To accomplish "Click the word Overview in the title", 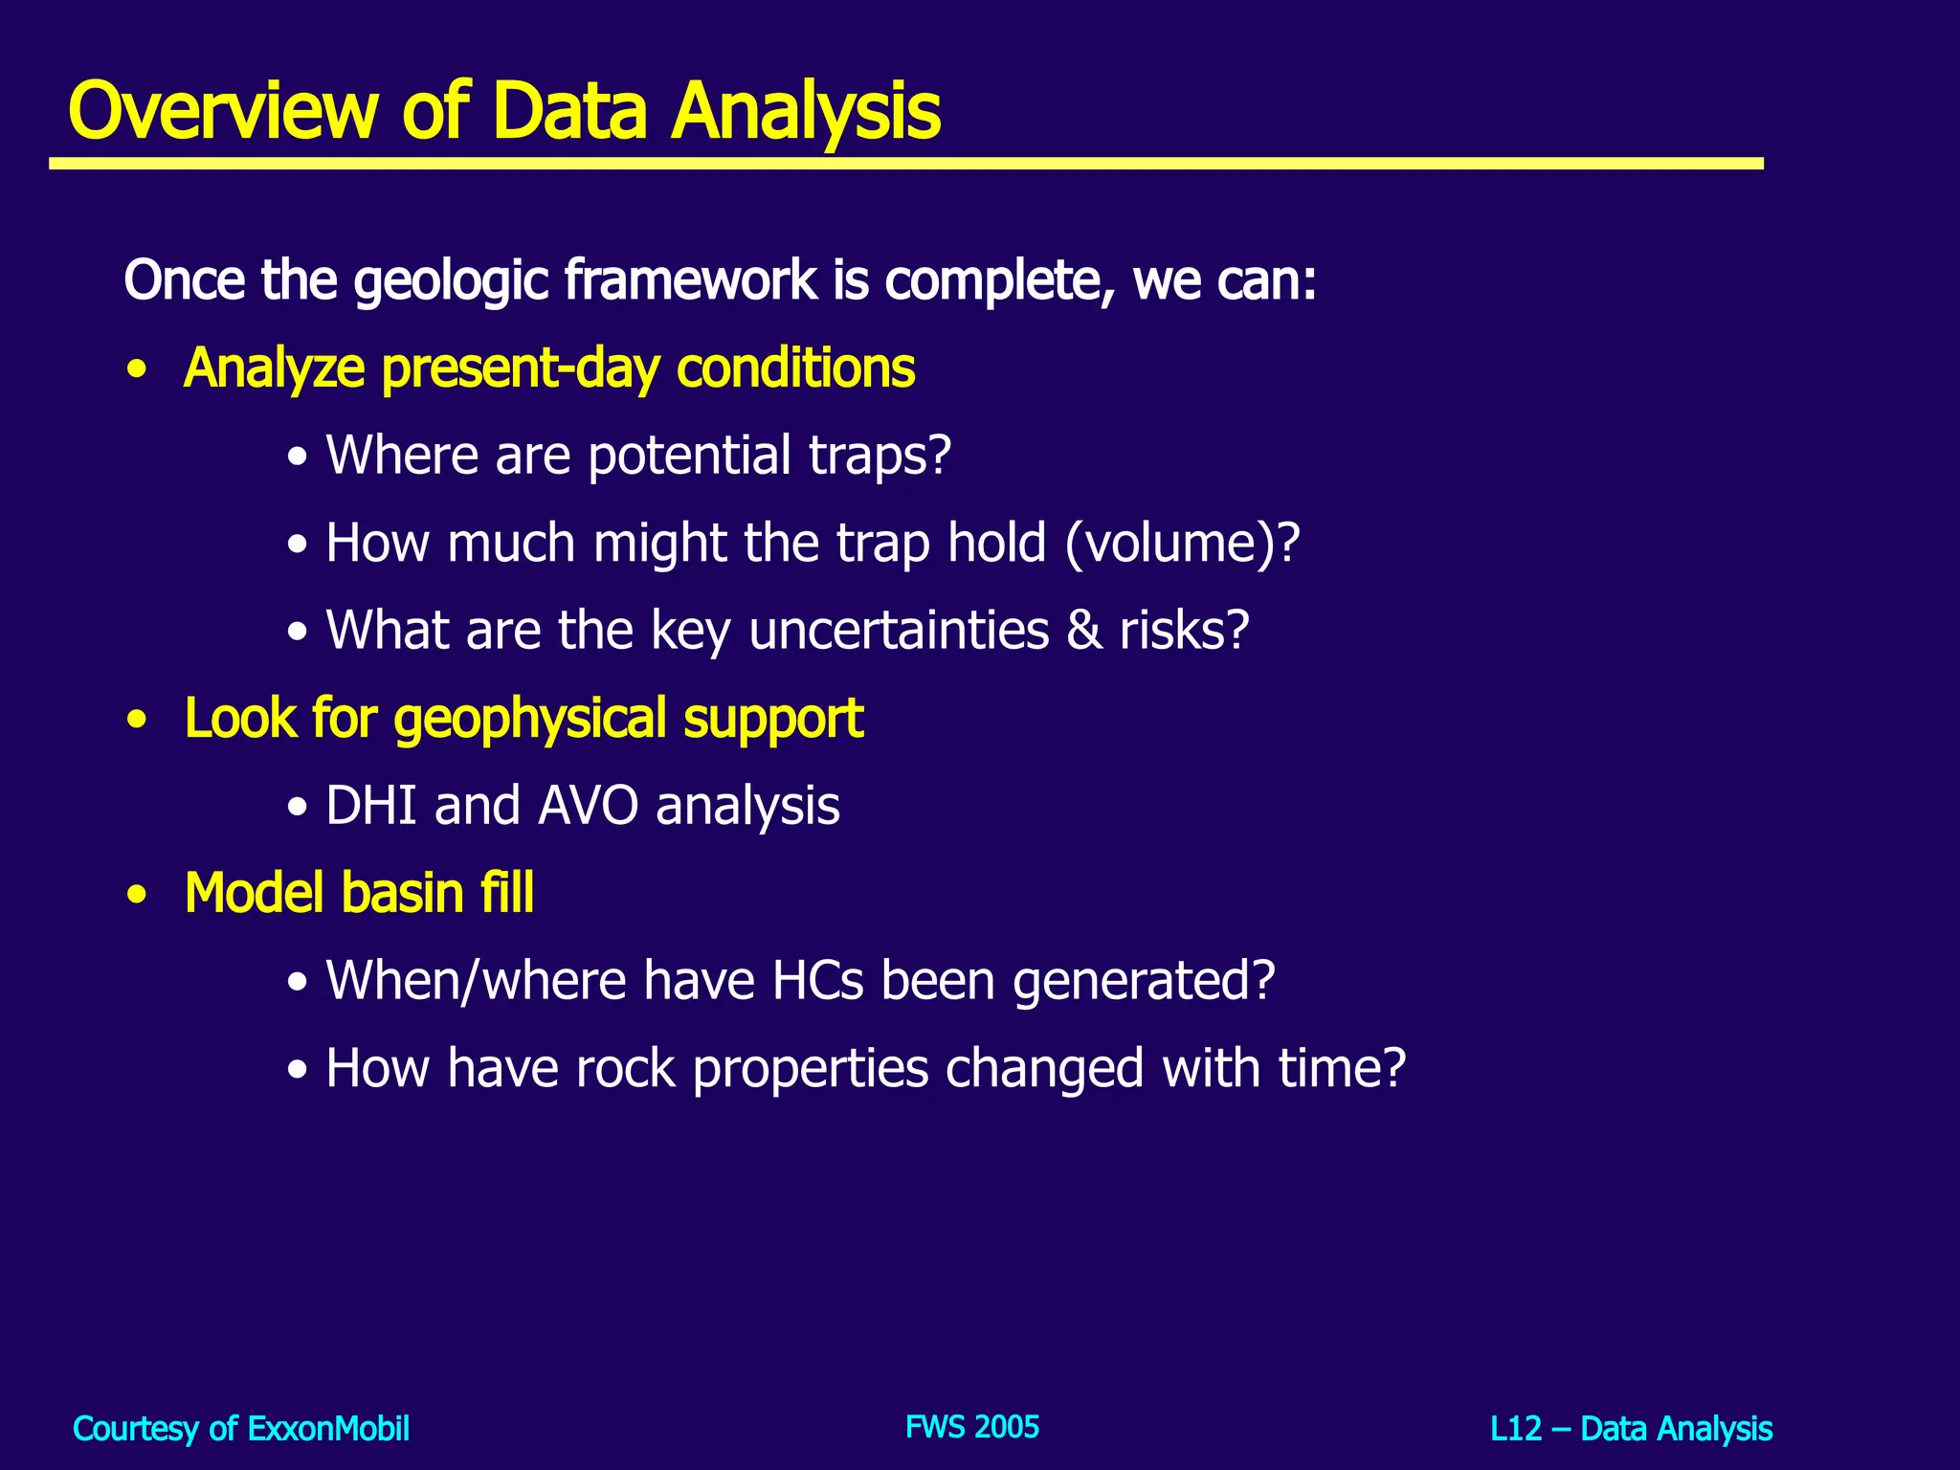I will [224, 111].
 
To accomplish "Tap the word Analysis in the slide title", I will [806, 113].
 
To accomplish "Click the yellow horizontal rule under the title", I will [905, 165].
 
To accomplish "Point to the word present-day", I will [521, 368].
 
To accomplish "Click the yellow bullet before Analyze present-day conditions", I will [138, 370].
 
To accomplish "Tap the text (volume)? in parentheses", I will [1182, 543].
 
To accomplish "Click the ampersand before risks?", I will [1084, 631].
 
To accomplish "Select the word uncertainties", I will [899, 631].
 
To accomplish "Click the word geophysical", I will [530, 720].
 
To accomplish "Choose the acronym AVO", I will [588, 806].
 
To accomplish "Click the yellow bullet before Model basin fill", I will [138, 896].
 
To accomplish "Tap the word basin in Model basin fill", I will [403, 893].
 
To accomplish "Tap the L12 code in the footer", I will [1516, 1429].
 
